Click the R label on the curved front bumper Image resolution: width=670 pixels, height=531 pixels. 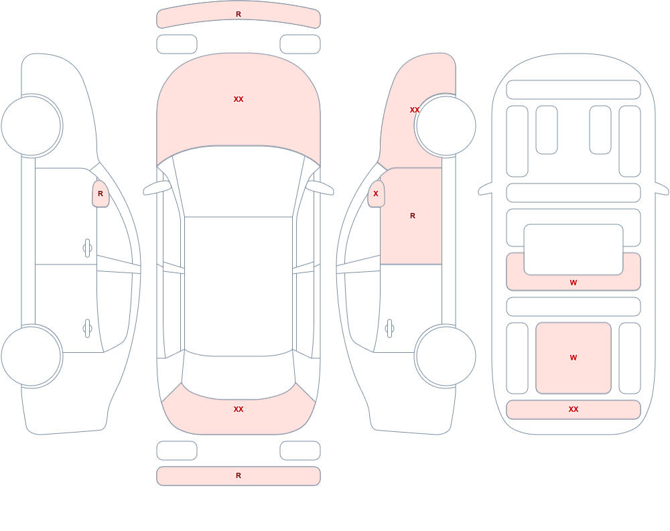239,14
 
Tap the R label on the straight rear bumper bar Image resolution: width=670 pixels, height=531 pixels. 239,475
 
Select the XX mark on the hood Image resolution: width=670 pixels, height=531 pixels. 239,99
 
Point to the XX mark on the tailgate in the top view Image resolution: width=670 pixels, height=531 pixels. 239,409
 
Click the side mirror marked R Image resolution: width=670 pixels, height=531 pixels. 100,194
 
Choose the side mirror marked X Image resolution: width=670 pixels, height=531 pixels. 376,194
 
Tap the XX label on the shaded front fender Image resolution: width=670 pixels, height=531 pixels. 415,110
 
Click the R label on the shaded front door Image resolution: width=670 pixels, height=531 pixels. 412,216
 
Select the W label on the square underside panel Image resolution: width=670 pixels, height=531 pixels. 574,358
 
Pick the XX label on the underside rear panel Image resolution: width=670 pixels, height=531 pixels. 574,409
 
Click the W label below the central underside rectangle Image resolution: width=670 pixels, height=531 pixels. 574,283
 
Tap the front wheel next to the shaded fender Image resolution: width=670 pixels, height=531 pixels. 446,126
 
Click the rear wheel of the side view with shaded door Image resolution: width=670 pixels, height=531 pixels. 446,356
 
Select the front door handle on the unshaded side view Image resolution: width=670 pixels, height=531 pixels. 87,248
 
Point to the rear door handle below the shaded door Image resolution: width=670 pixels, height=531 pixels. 389,329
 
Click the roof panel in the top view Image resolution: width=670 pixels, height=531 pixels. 239,286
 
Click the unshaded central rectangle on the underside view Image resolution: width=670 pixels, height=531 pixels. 574,250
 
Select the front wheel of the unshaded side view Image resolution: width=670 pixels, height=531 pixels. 31,126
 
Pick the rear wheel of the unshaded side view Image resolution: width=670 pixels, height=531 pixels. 31,356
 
